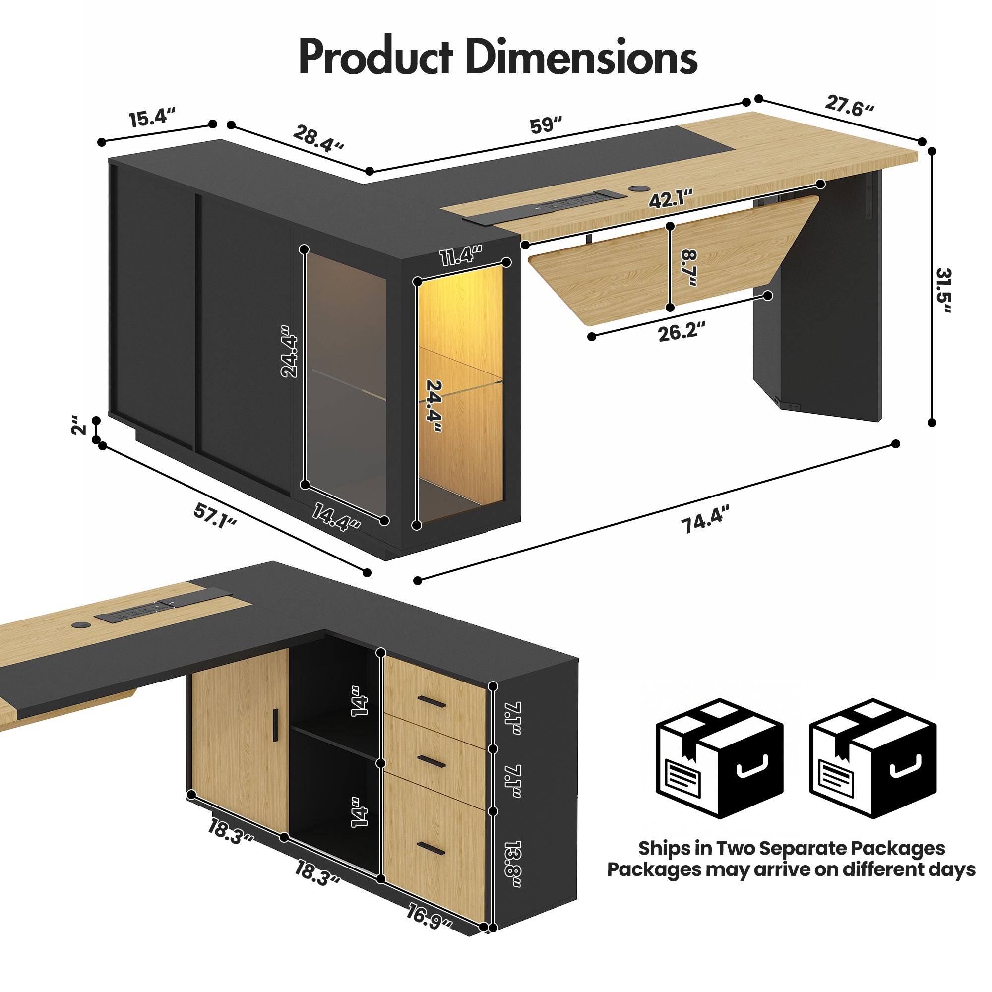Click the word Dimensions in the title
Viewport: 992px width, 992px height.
(x=581, y=57)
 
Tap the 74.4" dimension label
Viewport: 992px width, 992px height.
(x=705, y=520)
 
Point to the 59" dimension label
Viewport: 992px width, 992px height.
(x=546, y=125)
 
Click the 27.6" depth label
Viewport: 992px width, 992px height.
(x=849, y=106)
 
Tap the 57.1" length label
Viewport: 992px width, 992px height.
(x=215, y=516)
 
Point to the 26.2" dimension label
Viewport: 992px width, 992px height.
(x=682, y=332)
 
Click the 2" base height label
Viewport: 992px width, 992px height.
(x=79, y=426)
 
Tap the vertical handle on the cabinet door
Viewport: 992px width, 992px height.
(x=276, y=725)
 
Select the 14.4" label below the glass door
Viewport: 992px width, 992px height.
(x=336, y=517)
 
